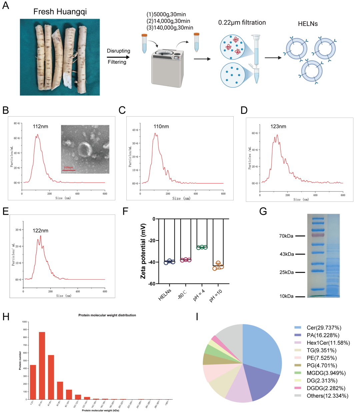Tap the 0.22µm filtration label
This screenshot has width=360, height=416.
coord(242,23)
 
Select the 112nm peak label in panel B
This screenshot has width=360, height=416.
coord(40,127)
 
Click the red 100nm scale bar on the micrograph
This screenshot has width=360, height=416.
coord(69,170)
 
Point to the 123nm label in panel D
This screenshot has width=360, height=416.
coord(278,127)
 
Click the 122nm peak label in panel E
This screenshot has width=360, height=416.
coord(40,230)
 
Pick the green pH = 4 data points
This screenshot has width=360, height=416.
coord(202,247)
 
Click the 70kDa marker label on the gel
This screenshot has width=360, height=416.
coord(286,236)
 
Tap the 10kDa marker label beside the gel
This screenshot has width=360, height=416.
coord(286,296)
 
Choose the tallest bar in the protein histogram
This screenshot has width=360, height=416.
coord(42,365)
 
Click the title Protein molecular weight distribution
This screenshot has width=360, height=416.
coord(107,315)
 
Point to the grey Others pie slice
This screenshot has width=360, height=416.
coord(230,335)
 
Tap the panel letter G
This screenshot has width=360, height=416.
coord(263,211)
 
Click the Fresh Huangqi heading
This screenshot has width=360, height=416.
coord(60,12)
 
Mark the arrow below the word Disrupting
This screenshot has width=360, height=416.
coord(118,57)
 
